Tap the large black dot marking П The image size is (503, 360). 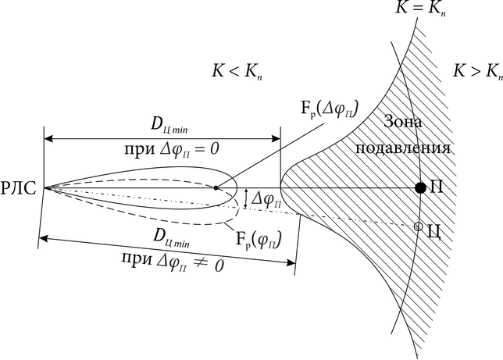click(x=420, y=187)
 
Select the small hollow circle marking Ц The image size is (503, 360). click(x=418, y=226)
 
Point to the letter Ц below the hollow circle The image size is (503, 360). click(x=434, y=234)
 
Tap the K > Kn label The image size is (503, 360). click(x=476, y=71)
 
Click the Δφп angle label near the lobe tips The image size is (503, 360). click(x=266, y=201)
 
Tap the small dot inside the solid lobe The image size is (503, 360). click(x=216, y=187)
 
